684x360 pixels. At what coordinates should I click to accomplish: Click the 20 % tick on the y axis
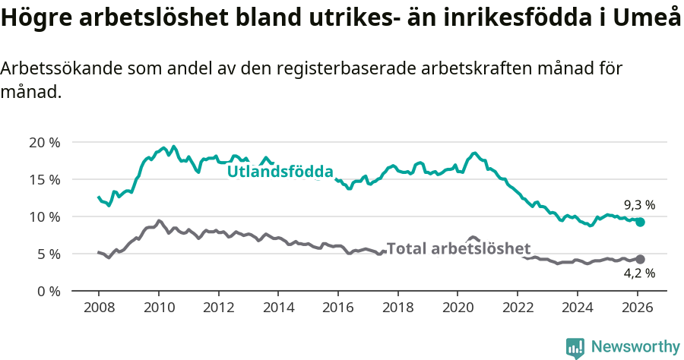coord(44,142)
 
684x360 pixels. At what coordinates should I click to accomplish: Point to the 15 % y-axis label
coord(44,179)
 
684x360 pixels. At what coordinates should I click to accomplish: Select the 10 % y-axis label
coord(44,216)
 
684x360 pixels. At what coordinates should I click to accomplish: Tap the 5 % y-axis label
coord(47,254)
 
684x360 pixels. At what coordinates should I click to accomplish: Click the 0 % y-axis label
coord(47,291)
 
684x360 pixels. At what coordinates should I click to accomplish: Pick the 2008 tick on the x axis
coord(99,308)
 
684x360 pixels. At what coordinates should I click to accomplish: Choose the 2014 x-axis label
coord(278,308)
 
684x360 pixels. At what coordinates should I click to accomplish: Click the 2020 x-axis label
coord(458,308)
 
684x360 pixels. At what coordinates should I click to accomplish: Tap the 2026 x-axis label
coord(638,308)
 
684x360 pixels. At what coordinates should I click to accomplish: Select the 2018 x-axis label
coord(398,308)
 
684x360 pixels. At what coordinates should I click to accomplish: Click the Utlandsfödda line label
coord(280,172)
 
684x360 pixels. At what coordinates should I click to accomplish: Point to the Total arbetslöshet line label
coord(458,248)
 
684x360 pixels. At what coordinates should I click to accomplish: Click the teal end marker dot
coord(640,222)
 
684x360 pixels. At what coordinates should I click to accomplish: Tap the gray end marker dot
coord(640,259)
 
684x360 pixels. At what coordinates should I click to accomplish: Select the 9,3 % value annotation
coord(639,205)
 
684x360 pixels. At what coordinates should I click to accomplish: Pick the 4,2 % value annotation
coord(639,273)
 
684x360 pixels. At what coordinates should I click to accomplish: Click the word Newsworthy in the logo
coord(635,346)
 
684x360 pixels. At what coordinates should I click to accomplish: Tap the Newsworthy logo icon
coord(575,348)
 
